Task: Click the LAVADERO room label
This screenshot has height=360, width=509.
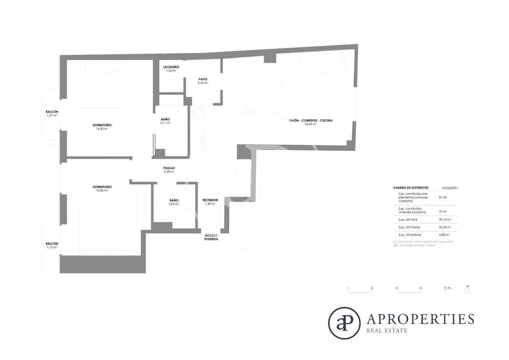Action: click(x=171, y=67)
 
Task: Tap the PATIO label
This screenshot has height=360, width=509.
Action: click(x=203, y=79)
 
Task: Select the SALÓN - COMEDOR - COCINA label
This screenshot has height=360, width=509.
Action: click(x=310, y=120)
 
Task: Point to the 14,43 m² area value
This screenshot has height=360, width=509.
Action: click(x=102, y=129)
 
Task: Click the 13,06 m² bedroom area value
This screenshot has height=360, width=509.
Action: click(x=102, y=191)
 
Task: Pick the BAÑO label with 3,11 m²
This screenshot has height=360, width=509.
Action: click(x=165, y=119)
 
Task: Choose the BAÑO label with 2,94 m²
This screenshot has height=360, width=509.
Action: click(x=174, y=200)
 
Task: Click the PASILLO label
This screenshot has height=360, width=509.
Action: click(x=169, y=168)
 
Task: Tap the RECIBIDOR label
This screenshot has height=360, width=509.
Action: click(x=210, y=200)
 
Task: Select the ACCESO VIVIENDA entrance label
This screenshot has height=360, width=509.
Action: click(x=211, y=237)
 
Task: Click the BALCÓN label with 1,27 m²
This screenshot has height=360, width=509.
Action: click(x=52, y=112)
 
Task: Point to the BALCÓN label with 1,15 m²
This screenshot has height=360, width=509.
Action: click(x=52, y=244)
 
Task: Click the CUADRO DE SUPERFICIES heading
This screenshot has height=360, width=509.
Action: click(x=411, y=188)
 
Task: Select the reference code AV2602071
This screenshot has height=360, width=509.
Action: click(x=450, y=188)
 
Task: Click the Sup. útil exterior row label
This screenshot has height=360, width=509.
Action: click(x=409, y=235)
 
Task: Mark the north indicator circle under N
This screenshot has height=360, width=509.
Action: click(x=468, y=291)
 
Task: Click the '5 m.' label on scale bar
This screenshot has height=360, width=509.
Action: click(x=448, y=288)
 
